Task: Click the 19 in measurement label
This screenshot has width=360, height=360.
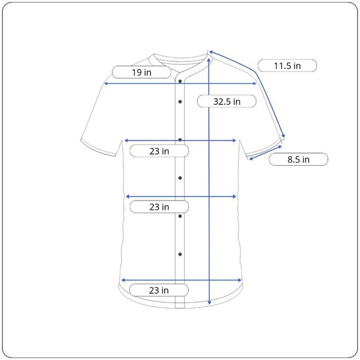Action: pos(142,73)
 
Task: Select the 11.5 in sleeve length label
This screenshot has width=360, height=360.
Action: pos(287,66)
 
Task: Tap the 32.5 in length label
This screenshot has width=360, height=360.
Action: pos(227,101)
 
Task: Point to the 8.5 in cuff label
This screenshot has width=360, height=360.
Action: pos(298,160)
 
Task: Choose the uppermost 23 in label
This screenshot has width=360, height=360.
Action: pos(159,151)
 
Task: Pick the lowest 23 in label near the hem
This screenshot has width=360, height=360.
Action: pos(159,290)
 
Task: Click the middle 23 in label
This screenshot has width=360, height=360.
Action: pos(159,207)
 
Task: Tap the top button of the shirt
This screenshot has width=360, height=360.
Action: pos(180,81)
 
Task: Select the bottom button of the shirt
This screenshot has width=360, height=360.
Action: pos(180,254)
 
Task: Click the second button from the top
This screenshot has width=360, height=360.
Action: pos(180,102)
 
